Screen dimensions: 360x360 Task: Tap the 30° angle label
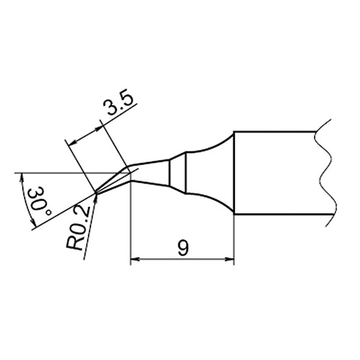click(x=39, y=201)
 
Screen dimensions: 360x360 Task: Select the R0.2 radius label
click(x=77, y=228)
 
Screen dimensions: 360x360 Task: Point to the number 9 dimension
click(x=183, y=248)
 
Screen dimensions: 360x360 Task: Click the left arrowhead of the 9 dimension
click(x=135, y=259)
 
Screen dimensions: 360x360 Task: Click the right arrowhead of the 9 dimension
click(x=230, y=259)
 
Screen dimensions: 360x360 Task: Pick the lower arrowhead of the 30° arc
click(x=33, y=222)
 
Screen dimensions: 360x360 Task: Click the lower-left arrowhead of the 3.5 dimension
click(x=73, y=143)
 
